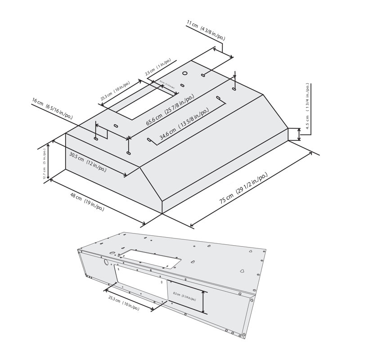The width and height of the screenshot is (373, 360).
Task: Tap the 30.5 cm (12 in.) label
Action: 88,162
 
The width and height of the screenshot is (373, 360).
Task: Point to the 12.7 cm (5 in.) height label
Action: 45,164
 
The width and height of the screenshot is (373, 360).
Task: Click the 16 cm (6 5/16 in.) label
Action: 52,109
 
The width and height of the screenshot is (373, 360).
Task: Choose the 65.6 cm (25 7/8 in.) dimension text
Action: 170,110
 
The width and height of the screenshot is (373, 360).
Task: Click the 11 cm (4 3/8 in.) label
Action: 206,31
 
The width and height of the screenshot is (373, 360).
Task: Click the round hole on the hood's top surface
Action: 185,73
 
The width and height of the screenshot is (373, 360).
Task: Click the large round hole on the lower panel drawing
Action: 106,262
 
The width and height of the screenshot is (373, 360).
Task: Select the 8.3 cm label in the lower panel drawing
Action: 184,296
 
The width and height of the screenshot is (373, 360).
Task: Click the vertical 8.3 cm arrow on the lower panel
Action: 204,302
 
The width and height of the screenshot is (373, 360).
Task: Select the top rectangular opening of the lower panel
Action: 151,258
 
